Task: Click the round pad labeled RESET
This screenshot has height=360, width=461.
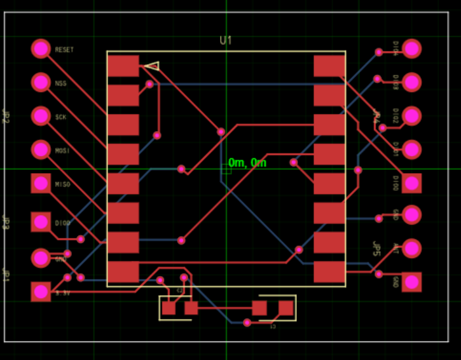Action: [x=41, y=48]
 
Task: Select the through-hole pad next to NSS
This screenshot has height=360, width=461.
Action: [x=41, y=82]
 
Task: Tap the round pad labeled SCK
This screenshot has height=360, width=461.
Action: [x=41, y=116]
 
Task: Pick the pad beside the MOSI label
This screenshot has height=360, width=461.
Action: [x=41, y=149]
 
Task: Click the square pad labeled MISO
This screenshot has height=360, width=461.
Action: [x=41, y=183]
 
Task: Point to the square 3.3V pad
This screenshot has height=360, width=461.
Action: [x=41, y=291]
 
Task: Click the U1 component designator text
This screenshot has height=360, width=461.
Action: [x=226, y=41]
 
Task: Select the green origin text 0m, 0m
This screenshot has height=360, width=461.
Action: [x=247, y=163]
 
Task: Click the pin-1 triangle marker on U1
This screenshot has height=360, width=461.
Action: [x=152, y=66]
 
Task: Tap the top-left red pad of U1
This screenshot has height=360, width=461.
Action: [x=123, y=66]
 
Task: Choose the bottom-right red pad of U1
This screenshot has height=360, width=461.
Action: [x=329, y=272]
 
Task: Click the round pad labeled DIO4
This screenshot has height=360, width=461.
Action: [x=411, y=48]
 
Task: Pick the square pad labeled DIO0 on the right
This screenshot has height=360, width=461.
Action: [x=411, y=183]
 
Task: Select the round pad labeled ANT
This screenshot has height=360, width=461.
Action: [x=411, y=248]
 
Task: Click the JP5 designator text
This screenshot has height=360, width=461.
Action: [x=376, y=248]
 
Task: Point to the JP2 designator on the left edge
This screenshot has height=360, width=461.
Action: [x=6, y=116]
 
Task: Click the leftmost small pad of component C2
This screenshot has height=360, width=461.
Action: [x=169, y=308]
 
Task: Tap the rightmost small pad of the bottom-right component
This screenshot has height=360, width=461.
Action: [x=286, y=308]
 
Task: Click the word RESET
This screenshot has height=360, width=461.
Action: [x=64, y=50]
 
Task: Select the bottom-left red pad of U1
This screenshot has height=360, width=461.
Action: [x=123, y=272]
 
